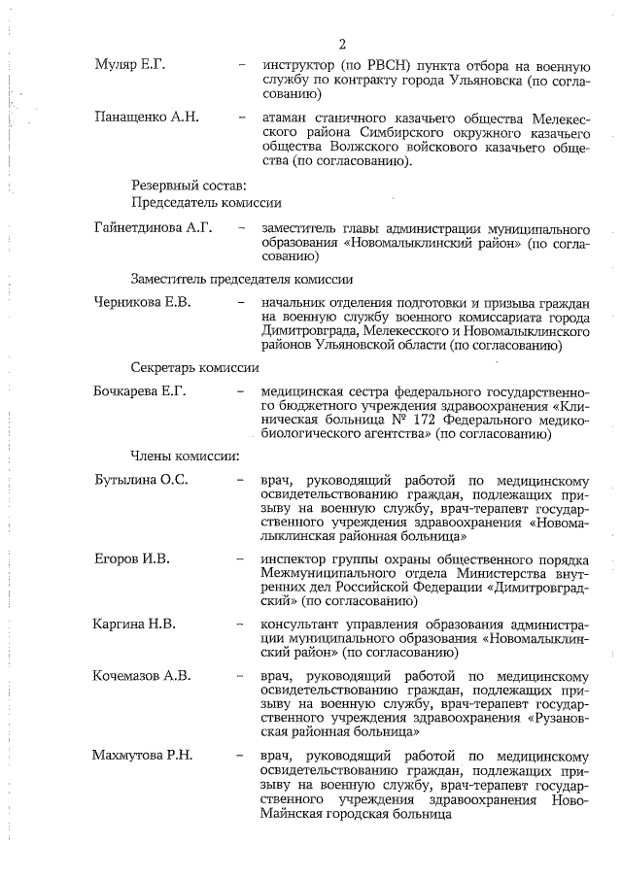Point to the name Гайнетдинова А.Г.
(153, 228)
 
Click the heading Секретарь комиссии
(194, 368)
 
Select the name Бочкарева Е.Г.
(139, 391)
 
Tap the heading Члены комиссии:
(186, 456)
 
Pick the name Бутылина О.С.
(141, 480)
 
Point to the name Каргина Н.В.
(134, 624)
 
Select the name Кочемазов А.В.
(142, 675)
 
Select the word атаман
(287, 118)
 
